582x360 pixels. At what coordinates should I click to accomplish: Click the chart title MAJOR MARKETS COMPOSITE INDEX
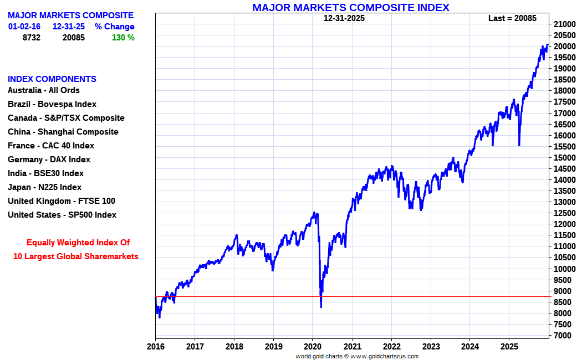click(x=350, y=8)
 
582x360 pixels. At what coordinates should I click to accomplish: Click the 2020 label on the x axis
click(x=313, y=347)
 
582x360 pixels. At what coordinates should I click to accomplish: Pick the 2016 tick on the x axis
click(x=155, y=347)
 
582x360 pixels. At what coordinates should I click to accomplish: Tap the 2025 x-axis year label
click(x=509, y=347)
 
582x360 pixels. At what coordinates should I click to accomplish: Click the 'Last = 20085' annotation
click(x=512, y=18)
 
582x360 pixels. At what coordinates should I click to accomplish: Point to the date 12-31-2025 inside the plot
click(x=344, y=18)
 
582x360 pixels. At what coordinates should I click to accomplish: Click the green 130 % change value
click(x=123, y=38)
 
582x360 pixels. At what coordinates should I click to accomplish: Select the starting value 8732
click(x=32, y=38)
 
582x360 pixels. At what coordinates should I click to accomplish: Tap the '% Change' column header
click(x=114, y=27)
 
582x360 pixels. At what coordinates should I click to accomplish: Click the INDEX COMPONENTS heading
click(x=52, y=79)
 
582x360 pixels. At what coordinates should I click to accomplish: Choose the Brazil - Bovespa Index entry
click(x=52, y=104)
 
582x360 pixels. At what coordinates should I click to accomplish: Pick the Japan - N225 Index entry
click(x=44, y=187)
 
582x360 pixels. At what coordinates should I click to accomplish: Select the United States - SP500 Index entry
click(x=62, y=215)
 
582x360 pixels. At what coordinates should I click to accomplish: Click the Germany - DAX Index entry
click(x=49, y=160)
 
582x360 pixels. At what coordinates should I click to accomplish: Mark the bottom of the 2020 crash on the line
click(x=321, y=306)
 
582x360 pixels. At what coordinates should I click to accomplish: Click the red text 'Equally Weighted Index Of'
click(x=78, y=243)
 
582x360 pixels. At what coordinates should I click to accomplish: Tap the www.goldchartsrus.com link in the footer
click(x=385, y=356)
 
